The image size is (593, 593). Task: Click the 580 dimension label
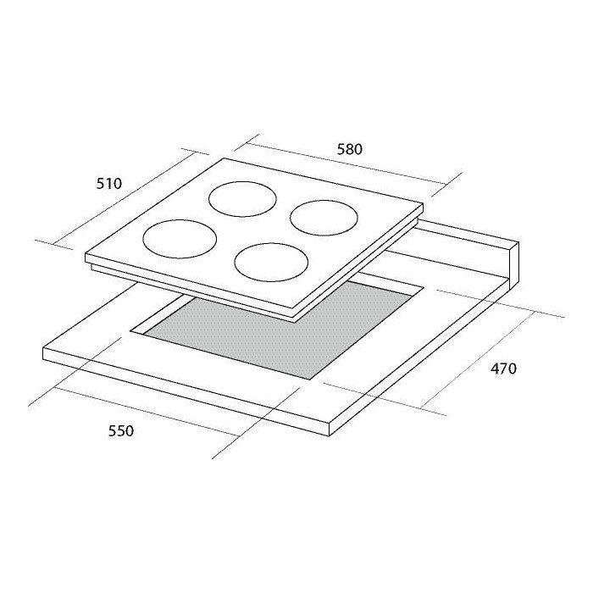coord(349,149)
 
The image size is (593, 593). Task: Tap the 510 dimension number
coord(109,184)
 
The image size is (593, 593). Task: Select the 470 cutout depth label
coord(503,368)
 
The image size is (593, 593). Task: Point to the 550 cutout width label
coord(121,430)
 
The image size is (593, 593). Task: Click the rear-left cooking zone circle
coord(242,181)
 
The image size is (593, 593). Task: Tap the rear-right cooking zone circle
coord(324,201)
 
